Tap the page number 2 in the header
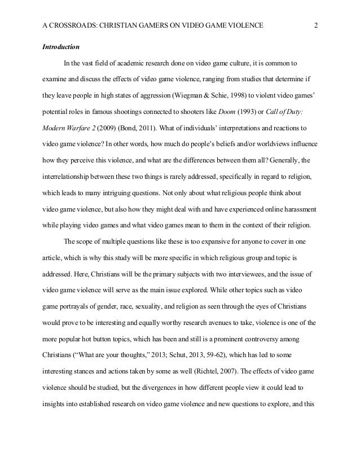[315, 25]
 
